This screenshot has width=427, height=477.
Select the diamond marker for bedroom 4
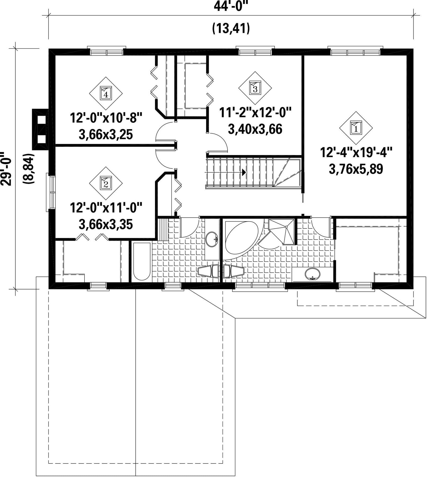(106, 94)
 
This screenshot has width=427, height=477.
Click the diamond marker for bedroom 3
(255, 88)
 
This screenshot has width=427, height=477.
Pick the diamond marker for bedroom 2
(106, 183)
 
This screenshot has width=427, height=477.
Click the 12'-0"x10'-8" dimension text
(106, 118)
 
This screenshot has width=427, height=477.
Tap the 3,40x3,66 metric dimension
(255, 129)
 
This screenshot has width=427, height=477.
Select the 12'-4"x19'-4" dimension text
(356, 153)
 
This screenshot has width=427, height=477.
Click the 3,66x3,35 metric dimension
(106, 225)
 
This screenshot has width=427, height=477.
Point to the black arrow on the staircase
(244, 172)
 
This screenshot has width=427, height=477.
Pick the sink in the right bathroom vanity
(313, 274)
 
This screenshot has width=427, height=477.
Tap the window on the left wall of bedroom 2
(51, 192)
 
